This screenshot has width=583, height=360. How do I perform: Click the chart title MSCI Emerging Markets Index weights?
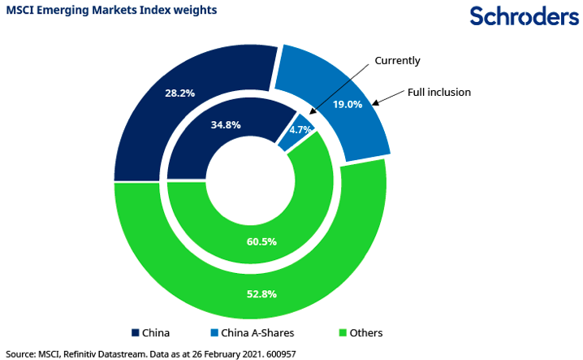point(112,11)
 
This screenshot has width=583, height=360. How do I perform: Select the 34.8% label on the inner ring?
point(225,125)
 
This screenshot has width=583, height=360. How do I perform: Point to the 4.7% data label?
point(301,129)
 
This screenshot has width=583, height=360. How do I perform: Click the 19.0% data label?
point(347,104)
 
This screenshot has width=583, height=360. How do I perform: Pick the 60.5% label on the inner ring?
point(261,241)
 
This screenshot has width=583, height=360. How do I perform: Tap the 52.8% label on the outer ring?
point(261,293)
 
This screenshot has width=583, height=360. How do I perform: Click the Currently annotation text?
point(397,60)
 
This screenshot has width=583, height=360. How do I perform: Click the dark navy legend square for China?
point(135,332)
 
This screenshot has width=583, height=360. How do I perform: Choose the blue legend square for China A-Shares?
point(214,332)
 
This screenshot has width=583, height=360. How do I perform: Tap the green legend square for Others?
point(343,332)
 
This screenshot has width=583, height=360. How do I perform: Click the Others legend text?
point(366,332)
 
